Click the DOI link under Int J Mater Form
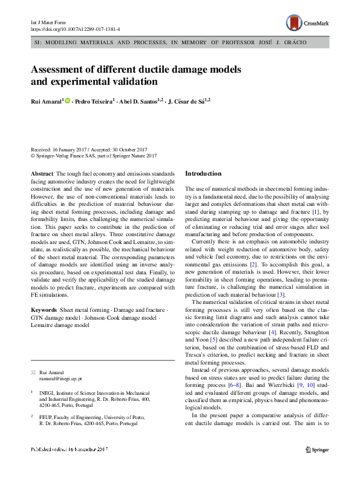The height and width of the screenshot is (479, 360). click(75, 28)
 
